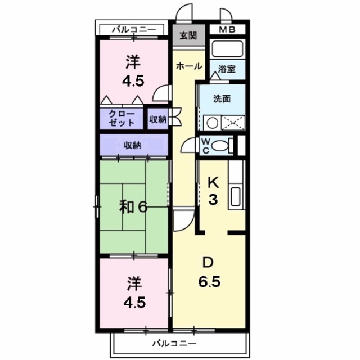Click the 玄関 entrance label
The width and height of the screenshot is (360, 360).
pos(188,36)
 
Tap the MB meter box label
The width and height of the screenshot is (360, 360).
pos(227,30)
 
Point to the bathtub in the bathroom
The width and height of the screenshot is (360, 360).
pos(228,49)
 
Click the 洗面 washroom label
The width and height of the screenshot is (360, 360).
pos(222,98)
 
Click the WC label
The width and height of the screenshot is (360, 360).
pos(205,145)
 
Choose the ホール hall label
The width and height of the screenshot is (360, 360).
pos(189,66)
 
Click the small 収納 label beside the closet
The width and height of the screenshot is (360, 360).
pos(158,119)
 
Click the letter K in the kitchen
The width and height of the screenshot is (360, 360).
pos(213,183)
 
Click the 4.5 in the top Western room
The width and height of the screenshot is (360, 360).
pos(133,80)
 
